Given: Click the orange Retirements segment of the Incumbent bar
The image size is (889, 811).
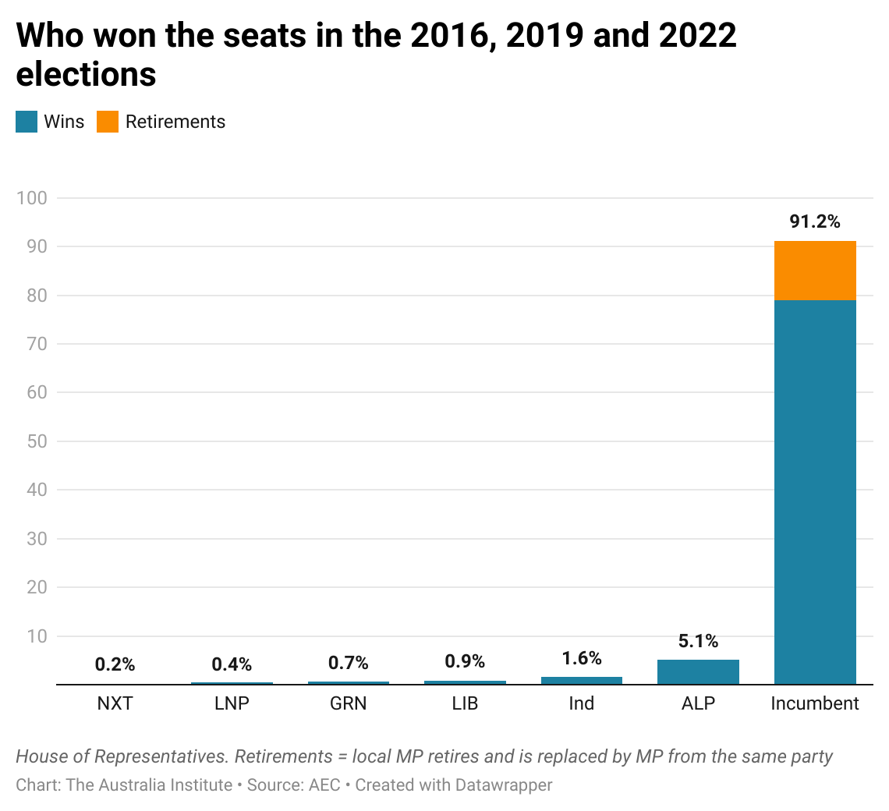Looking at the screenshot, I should coord(815,271).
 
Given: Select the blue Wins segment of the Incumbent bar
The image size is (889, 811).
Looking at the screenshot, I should coord(815,491).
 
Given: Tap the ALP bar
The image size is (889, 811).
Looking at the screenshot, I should coord(698,672).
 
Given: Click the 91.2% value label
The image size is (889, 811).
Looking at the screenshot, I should coord(815,222).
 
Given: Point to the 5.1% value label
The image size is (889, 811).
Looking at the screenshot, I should coord(698,642).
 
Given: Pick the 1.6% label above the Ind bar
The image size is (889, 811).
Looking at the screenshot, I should coord(582,658).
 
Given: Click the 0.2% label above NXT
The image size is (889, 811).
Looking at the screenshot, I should coord(115,664).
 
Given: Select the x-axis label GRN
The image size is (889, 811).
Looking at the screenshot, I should coord(348,703).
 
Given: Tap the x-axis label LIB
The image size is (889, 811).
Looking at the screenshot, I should coord(465,703).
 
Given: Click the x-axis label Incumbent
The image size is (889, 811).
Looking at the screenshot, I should coord(815,703).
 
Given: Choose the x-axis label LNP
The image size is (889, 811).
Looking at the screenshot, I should coord(232,703).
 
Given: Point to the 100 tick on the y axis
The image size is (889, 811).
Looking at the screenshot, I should coord(32,198).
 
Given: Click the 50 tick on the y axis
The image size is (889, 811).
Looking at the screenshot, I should coord(36,441).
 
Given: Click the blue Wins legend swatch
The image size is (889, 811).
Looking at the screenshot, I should coord(27,122).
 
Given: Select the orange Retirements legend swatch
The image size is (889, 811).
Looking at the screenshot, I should coord(108,122).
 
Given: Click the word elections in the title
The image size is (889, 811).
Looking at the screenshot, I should coord(86,75).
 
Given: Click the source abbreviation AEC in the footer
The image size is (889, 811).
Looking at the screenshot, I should coord(324,784).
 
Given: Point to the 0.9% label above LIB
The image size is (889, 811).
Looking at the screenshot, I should coord(465,661).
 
